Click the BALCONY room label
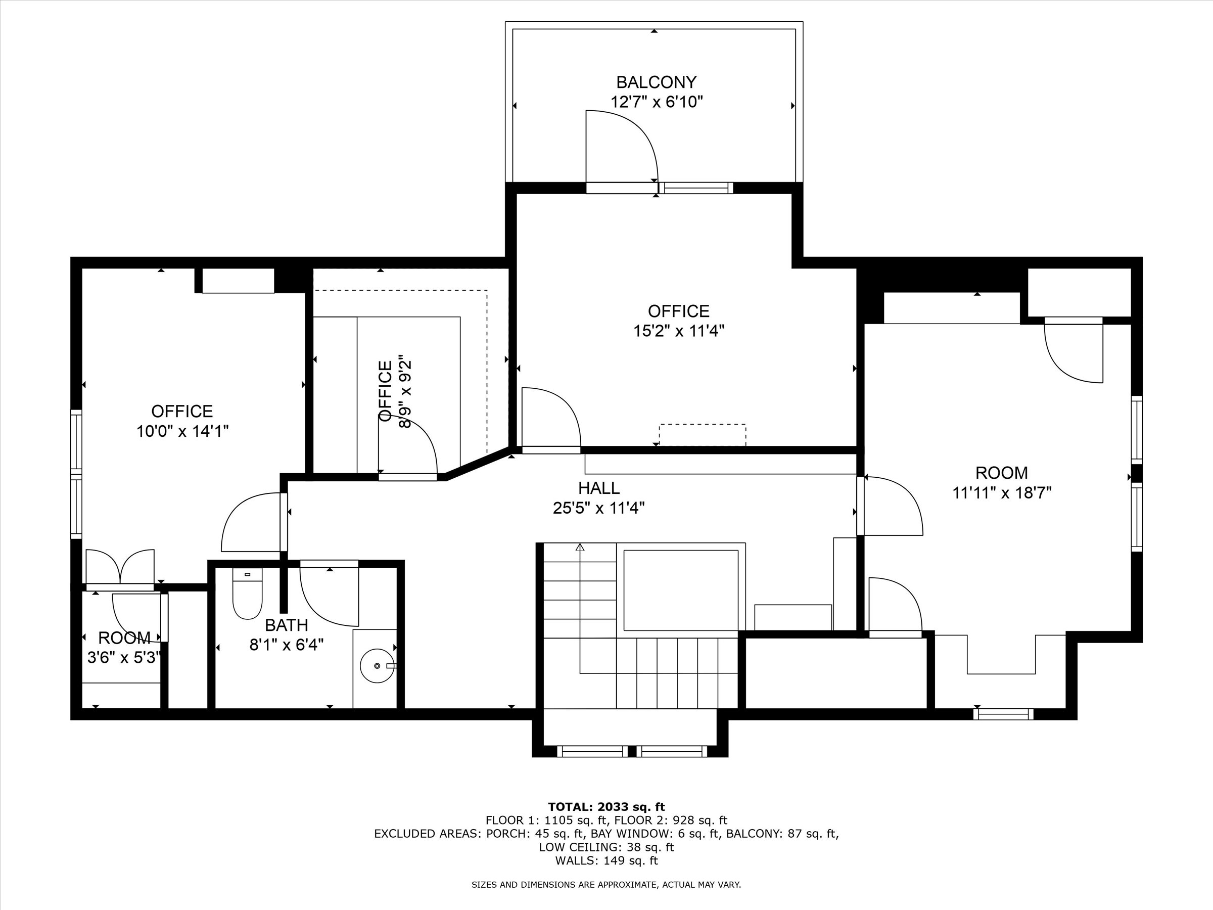coord(656,82)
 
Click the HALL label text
coord(599,488)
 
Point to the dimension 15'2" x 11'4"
coord(679,331)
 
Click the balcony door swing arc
coord(631,137)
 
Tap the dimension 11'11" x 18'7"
coord(1002,492)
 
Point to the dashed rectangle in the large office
coord(702,434)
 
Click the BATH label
coord(286,625)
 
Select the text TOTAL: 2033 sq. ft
coord(606,807)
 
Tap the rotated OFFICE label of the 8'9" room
coord(386,391)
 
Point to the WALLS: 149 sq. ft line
coord(606,860)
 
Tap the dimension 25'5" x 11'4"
coord(598,508)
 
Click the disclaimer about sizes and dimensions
coord(606,885)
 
